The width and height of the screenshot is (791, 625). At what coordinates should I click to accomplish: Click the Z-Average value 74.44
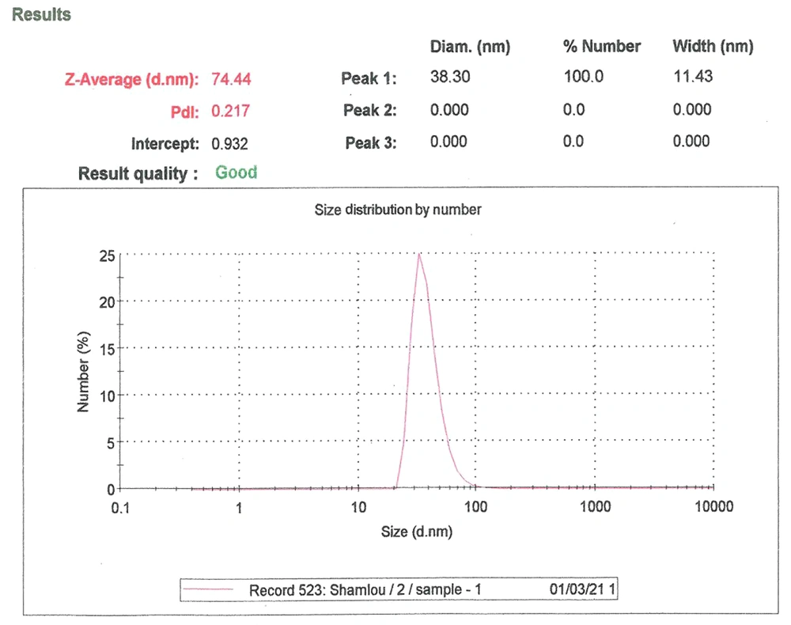232,78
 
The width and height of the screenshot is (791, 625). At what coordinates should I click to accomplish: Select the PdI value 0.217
230,111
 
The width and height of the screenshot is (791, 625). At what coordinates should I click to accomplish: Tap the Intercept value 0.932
230,144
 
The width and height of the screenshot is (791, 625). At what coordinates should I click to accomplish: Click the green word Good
237,172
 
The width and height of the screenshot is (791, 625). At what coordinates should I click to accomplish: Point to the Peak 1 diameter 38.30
449,78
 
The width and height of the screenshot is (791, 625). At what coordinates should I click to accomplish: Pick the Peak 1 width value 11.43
692,77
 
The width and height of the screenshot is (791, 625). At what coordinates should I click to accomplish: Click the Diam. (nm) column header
470,47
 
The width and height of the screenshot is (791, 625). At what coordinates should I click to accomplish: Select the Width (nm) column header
712,47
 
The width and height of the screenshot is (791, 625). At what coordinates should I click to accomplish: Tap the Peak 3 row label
370,143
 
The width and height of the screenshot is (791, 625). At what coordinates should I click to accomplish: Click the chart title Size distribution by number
398,210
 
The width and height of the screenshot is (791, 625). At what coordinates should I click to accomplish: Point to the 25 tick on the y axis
106,256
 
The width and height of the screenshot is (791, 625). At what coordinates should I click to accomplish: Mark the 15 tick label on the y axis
106,348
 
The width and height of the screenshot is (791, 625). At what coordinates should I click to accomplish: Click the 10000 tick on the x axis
714,507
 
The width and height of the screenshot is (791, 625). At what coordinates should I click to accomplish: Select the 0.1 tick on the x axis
120,507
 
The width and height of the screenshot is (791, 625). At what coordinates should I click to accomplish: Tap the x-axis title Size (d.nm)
417,532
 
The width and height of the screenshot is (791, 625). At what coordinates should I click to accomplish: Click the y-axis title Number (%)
84,372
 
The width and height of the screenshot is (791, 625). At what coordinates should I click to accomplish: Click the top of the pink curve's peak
418,254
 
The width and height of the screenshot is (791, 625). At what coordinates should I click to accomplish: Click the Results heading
42,15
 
